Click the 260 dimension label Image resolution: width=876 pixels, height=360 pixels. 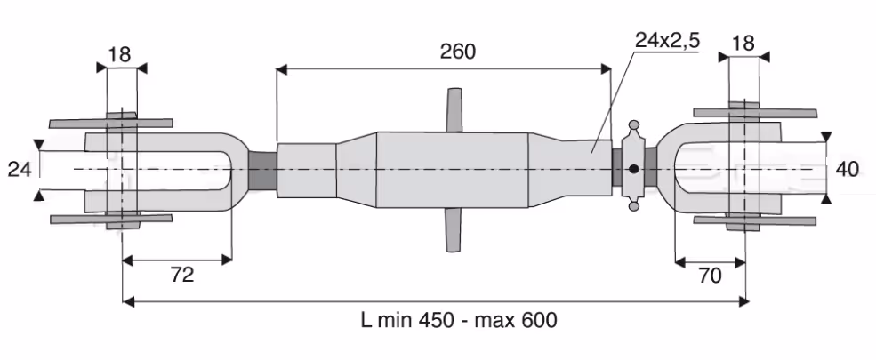point(457,52)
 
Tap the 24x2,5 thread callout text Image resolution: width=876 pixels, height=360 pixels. point(668,41)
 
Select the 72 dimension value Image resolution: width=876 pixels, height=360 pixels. point(181,275)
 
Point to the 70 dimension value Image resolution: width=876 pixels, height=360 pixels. point(710,276)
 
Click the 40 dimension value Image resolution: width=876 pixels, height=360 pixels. point(847,169)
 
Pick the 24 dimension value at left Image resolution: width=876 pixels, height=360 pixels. point(20,169)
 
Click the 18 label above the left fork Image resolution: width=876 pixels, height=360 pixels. point(119,55)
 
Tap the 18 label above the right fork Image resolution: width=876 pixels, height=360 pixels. point(743,43)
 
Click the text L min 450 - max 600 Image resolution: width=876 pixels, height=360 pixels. point(459,321)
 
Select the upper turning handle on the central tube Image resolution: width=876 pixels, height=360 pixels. point(454,110)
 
